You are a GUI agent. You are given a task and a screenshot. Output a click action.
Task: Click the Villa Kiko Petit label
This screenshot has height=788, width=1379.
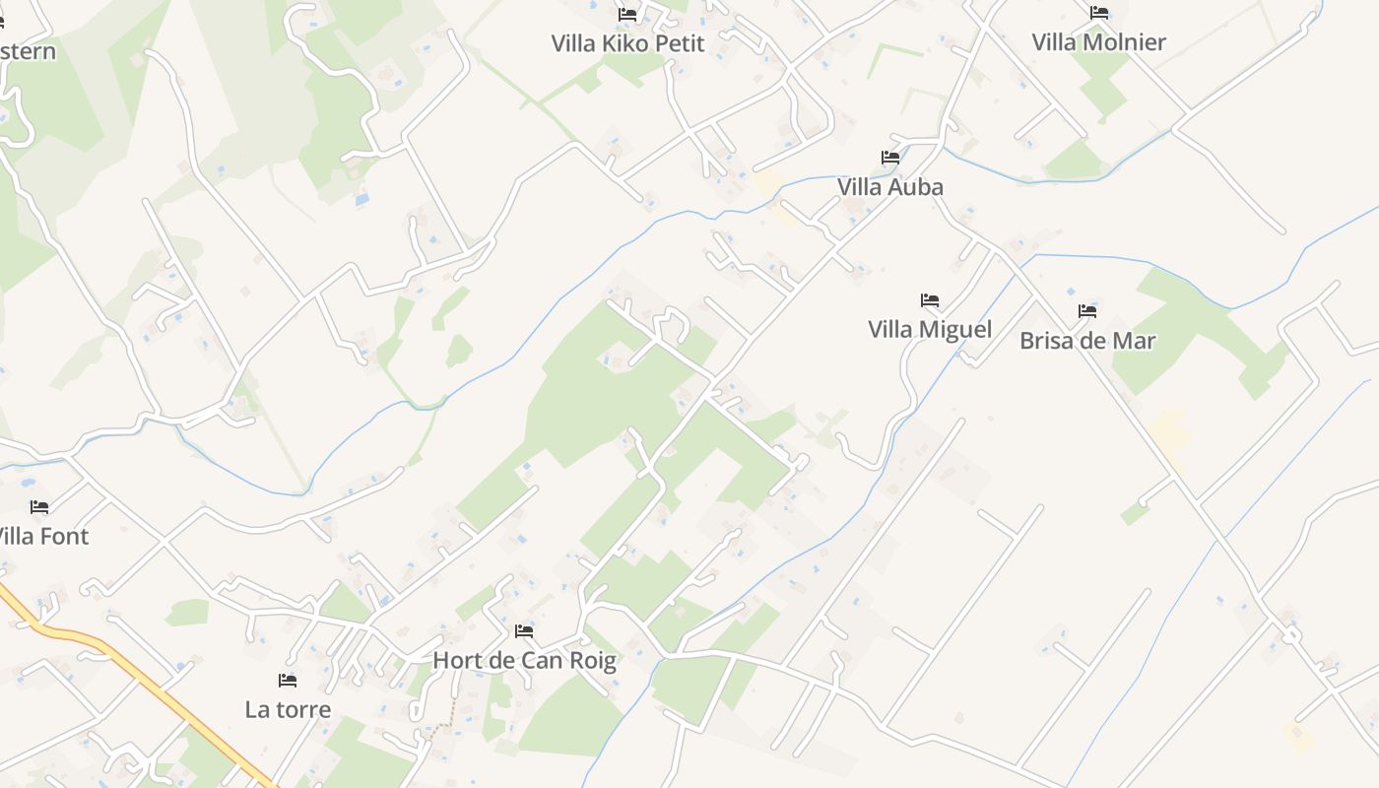pyautogui.click(x=627, y=43)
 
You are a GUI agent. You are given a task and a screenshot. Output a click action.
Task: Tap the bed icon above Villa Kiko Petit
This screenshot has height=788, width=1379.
pyautogui.click(x=627, y=15)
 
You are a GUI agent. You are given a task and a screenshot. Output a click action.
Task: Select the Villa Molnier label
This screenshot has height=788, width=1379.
pyautogui.click(x=1098, y=42)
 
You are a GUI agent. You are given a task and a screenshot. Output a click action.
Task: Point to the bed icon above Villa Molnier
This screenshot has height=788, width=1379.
pyautogui.click(x=1099, y=13)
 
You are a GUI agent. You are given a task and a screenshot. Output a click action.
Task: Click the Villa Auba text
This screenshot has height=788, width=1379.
pyautogui.click(x=889, y=187)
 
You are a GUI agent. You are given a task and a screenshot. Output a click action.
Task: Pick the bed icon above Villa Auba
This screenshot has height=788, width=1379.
pyautogui.click(x=890, y=158)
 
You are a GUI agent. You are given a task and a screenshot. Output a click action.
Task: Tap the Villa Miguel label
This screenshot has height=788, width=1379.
pyautogui.click(x=929, y=329)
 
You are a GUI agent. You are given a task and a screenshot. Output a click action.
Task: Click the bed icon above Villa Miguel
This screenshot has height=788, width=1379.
pyautogui.click(x=930, y=300)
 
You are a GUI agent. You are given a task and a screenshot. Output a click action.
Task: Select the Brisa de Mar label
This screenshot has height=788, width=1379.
pyautogui.click(x=1087, y=341)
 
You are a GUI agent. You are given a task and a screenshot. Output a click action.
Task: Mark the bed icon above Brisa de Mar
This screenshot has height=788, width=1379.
pyautogui.click(x=1087, y=311)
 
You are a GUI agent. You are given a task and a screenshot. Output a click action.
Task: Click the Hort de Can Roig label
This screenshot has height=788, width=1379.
pyautogui.click(x=524, y=660)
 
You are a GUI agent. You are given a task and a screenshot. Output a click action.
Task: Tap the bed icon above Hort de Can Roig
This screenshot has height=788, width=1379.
pyautogui.click(x=524, y=631)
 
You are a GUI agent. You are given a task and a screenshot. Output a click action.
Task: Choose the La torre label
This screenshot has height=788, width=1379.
pyautogui.click(x=288, y=709)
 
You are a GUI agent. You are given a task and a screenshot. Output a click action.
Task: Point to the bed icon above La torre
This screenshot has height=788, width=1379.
pyautogui.click(x=288, y=681)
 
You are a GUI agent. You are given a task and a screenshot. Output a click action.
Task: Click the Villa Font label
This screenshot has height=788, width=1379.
pyautogui.click(x=41, y=537)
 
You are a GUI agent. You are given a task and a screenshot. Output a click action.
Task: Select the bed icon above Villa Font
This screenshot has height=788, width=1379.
pyautogui.click(x=39, y=507)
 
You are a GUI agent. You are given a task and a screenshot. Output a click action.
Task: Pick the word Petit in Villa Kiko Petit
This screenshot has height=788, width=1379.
pyautogui.click(x=679, y=43)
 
